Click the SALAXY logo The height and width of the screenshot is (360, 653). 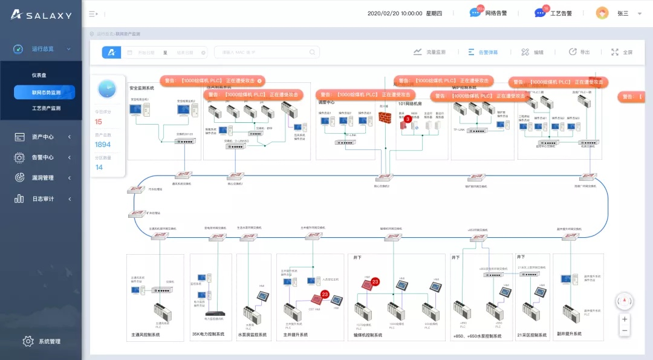[x=41, y=15]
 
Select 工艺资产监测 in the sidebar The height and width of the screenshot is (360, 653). [x=46, y=108]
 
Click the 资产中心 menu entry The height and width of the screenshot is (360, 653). [x=42, y=137]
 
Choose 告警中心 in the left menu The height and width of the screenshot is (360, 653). [x=42, y=157]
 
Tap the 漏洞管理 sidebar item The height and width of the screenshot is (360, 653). [x=42, y=178]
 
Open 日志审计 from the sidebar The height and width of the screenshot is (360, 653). [x=42, y=198]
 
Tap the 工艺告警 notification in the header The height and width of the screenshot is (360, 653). [x=553, y=13]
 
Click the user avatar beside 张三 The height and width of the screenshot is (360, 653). [x=602, y=13]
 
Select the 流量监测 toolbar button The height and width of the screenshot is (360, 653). [x=429, y=52]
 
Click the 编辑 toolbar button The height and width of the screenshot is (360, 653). [x=533, y=52]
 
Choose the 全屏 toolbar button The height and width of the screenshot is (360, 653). [x=622, y=52]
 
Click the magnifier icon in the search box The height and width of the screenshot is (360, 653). [x=313, y=53]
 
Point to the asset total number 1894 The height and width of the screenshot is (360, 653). [x=103, y=145]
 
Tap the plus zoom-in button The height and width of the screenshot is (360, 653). [x=625, y=319]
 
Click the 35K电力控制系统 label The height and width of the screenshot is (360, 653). [x=208, y=334]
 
